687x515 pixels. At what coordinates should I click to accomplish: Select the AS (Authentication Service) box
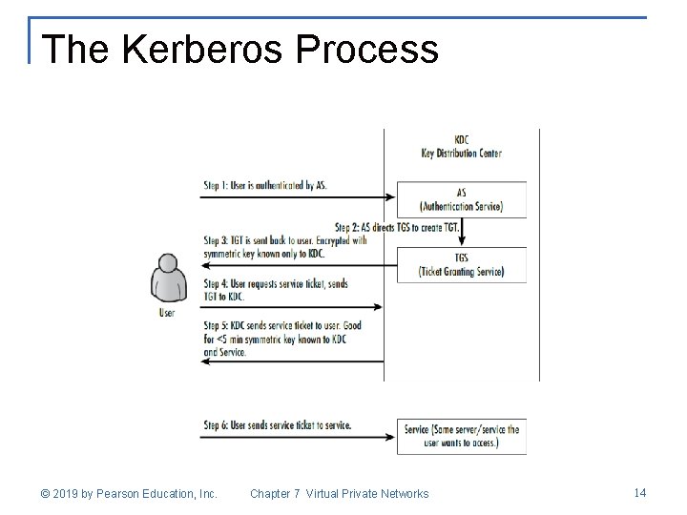(x=461, y=199)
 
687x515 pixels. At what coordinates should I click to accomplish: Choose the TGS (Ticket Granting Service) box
(x=461, y=264)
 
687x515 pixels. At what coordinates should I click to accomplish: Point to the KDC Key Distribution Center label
(x=461, y=146)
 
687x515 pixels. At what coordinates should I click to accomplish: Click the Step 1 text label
(x=264, y=184)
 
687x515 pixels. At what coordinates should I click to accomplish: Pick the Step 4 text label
(x=275, y=290)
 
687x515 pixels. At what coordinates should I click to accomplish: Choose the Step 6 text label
(x=277, y=424)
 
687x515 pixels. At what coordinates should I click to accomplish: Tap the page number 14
(x=639, y=492)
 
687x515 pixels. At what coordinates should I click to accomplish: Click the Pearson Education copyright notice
(x=129, y=493)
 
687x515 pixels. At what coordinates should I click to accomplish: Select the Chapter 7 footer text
(x=339, y=493)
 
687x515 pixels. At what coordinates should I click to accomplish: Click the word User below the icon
(x=166, y=312)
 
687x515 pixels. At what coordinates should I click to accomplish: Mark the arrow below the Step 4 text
(x=291, y=307)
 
